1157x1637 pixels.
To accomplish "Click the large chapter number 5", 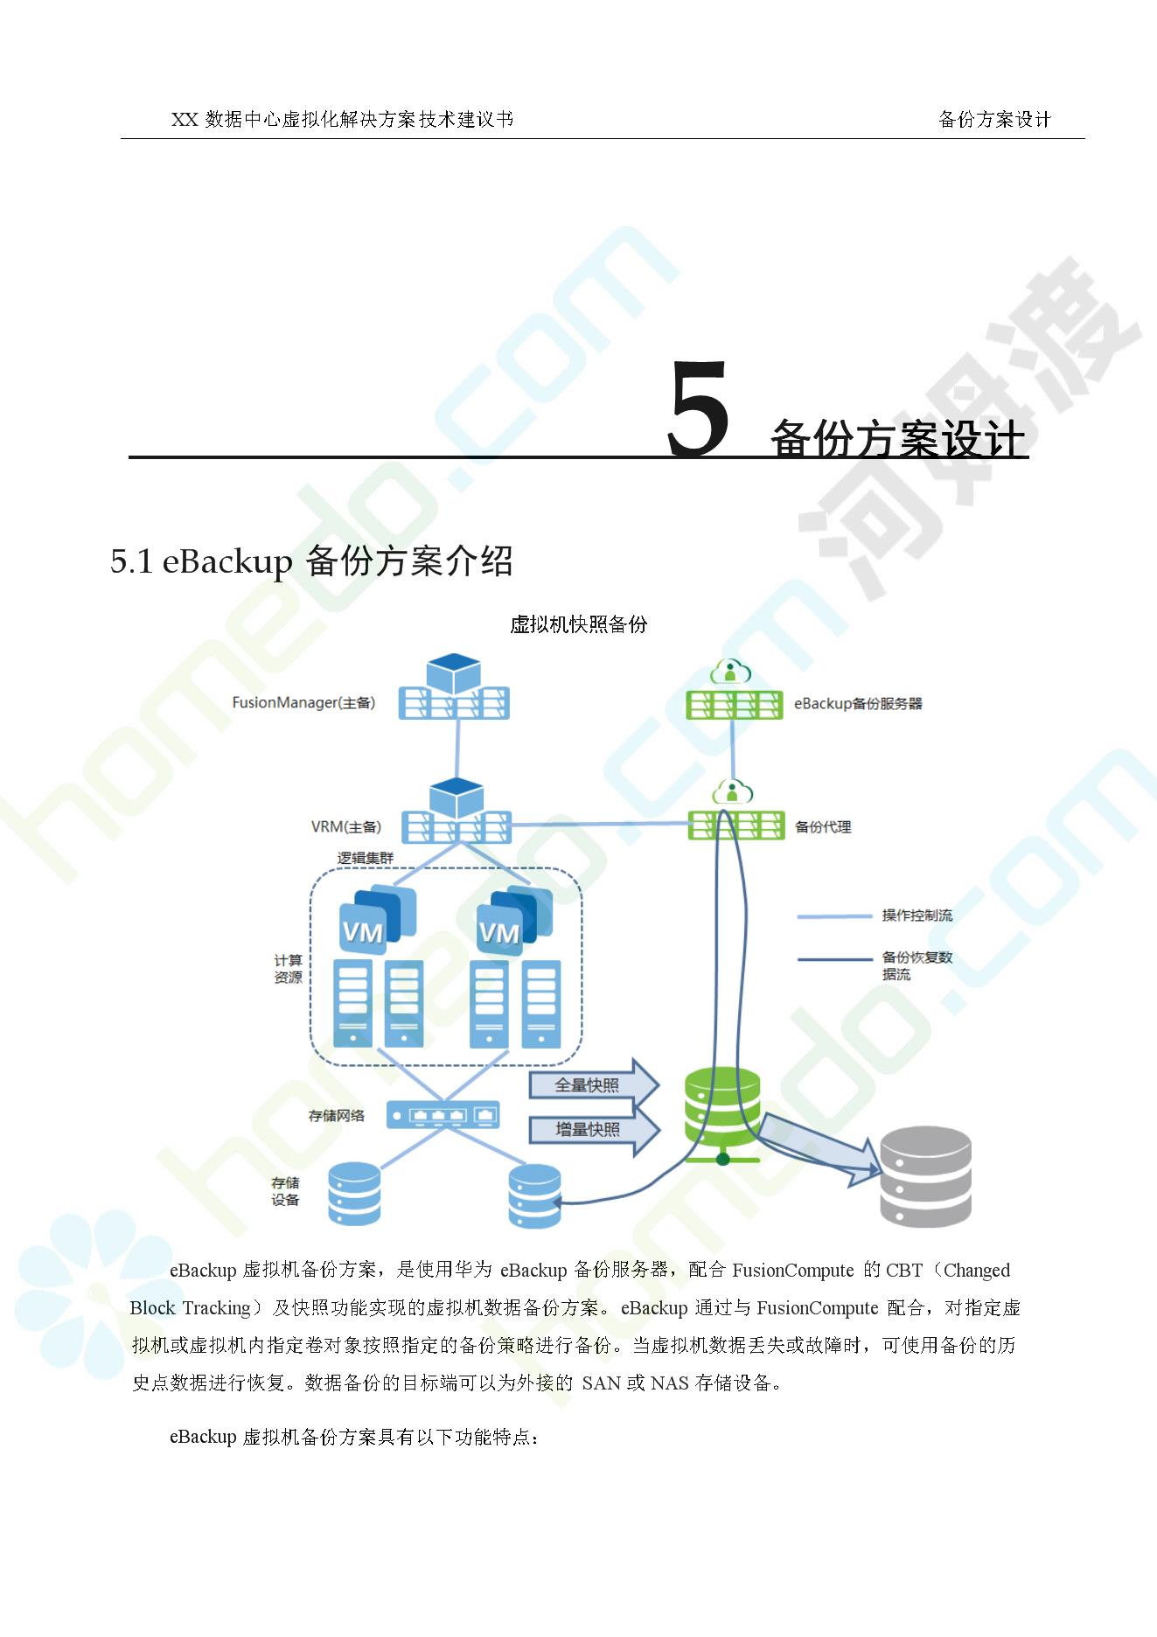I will click(x=698, y=410).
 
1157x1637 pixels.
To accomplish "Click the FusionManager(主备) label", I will click(x=303, y=703).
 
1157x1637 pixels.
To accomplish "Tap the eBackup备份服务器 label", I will click(x=857, y=704).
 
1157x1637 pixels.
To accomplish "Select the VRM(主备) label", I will click(x=346, y=827).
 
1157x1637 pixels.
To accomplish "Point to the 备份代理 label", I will click(x=822, y=827).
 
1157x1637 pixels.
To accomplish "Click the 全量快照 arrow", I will click(x=592, y=1085).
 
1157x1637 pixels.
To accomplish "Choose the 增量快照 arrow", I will click(x=592, y=1130).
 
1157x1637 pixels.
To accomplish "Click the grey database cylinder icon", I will click(x=925, y=1176).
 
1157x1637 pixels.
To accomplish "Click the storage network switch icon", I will click(x=443, y=1115).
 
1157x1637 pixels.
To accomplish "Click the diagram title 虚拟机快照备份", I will click(x=578, y=624).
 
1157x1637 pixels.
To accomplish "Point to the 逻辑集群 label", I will click(x=366, y=858).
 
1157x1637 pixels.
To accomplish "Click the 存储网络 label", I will click(x=337, y=1116).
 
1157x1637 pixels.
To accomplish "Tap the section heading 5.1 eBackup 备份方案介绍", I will click(x=311, y=561).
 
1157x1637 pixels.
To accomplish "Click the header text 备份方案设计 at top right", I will click(x=993, y=120).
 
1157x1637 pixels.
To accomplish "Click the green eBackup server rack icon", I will click(x=734, y=704).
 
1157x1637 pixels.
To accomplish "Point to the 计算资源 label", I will click(x=288, y=969).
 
